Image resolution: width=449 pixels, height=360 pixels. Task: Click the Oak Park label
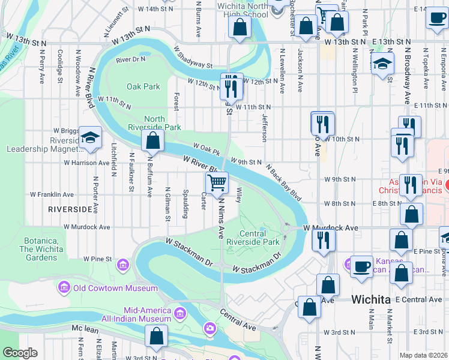tap(143, 86)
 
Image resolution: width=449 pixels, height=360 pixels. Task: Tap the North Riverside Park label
tap(154, 123)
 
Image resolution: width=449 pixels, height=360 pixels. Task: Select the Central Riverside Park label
tap(260, 238)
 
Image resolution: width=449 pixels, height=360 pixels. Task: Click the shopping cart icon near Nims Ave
tap(217, 181)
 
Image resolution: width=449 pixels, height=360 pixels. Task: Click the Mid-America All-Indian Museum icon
tap(179, 313)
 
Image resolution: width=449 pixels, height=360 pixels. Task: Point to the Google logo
tap(20, 353)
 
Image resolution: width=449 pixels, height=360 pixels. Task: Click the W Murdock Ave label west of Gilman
tap(90, 227)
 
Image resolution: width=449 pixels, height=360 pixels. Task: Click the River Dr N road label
tap(131, 59)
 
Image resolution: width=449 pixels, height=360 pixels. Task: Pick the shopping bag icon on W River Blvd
tap(153, 141)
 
